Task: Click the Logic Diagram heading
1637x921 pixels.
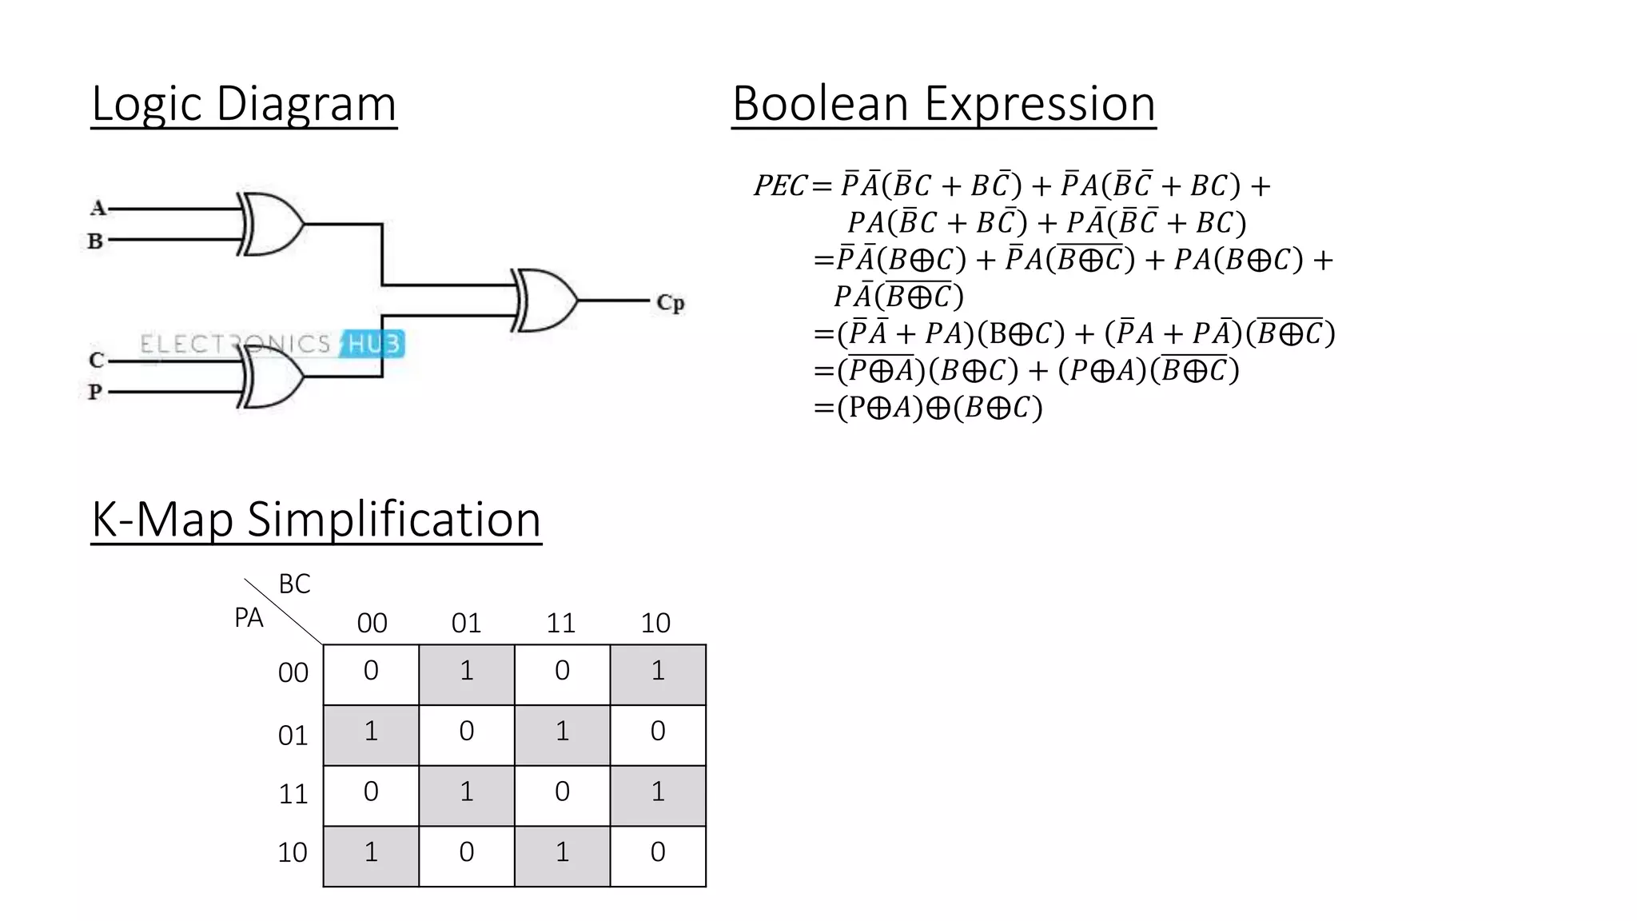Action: click(244, 104)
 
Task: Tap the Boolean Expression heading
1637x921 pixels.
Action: click(943, 104)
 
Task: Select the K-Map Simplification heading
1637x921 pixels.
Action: click(316, 520)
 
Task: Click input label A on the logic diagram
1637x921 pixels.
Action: click(98, 209)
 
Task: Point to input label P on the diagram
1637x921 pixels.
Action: click(95, 392)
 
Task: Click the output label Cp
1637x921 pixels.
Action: click(670, 303)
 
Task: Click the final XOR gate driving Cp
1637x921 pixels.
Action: click(546, 300)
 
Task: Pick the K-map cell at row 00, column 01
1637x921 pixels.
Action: click(466, 673)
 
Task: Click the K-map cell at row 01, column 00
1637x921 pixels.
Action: click(371, 734)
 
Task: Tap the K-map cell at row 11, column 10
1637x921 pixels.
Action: click(657, 795)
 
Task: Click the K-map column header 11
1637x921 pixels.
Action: click(560, 623)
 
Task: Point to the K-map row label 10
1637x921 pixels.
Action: click(293, 853)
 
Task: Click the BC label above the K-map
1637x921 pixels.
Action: click(294, 584)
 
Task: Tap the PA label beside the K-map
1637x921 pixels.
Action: click(249, 618)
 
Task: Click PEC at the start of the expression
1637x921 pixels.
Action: click(780, 185)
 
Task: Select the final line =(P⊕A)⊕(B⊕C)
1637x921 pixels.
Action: click(928, 408)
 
